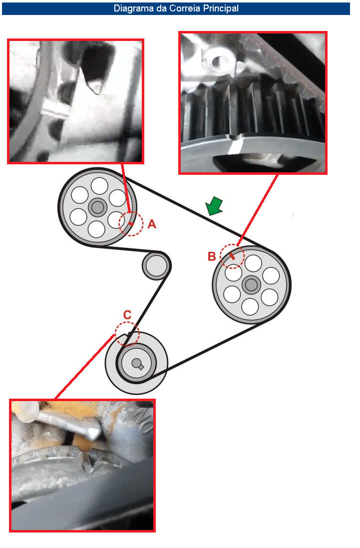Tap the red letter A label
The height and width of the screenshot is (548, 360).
point(152,224)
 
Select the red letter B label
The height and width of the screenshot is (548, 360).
point(212,256)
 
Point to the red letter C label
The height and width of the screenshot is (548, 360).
point(127,315)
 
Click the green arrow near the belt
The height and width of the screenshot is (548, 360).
point(214,206)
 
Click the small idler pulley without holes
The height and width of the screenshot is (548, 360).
point(156,266)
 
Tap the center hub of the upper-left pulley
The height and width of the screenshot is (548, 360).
point(97,208)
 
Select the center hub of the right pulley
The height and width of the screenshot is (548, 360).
point(251,285)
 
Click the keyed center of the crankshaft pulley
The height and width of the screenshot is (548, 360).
point(137,364)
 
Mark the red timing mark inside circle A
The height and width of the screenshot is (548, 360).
point(131,223)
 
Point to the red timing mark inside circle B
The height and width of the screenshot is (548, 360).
point(232,257)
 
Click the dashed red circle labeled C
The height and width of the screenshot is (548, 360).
point(127,334)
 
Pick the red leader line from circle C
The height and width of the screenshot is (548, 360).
point(84,367)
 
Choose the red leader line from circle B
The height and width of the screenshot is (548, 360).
point(258,210)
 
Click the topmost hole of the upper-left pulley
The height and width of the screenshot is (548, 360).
point(99,185)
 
